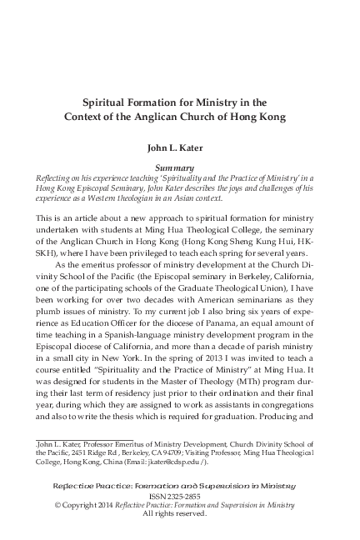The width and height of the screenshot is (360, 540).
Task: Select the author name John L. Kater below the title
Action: coord(179,151)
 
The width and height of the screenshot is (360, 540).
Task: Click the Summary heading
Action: coord(179,167)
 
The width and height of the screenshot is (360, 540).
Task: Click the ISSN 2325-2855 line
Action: coord(179,494)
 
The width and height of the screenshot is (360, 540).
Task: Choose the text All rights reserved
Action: coord(179,514)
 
